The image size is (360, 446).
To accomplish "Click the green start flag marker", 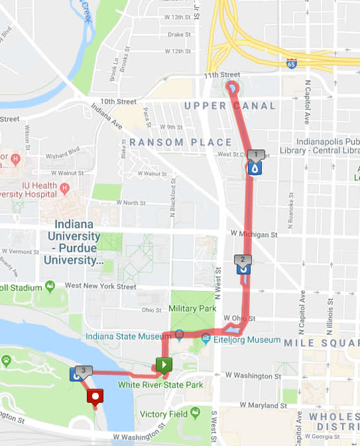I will point(164,365).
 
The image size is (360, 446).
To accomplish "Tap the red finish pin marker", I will point(96,398).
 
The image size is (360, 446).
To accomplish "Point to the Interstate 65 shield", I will point(292,64).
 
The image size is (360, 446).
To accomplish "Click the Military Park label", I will point(193,309).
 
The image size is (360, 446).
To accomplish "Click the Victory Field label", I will point(163,414).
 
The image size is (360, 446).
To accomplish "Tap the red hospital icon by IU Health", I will point(64,188).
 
